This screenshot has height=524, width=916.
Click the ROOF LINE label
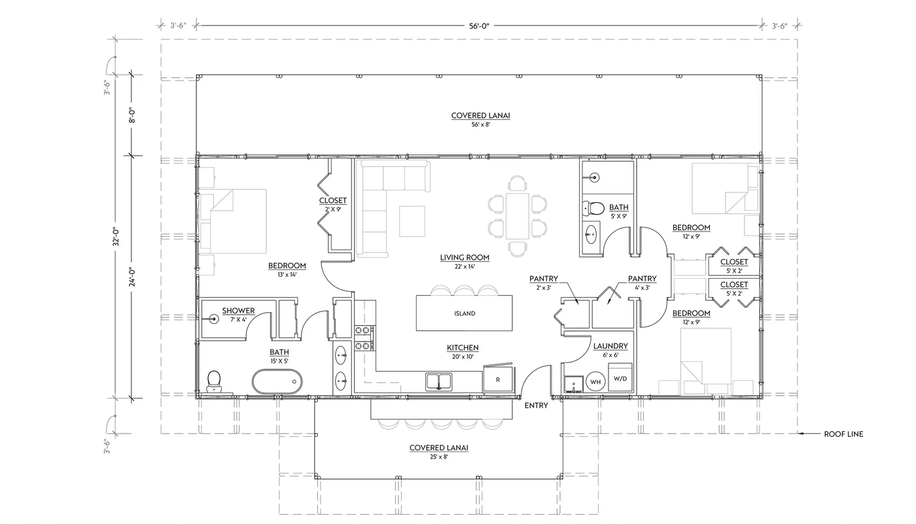click(x=843, y=434)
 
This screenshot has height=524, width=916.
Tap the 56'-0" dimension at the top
click(x=478, y=26)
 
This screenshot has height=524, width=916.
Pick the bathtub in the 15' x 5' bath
click(x=277, y=381)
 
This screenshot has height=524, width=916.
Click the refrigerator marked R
click(x=498, y=379)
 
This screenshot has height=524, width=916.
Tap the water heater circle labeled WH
click(x=595, y=381)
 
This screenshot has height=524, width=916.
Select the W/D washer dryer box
click(x=620, y=378)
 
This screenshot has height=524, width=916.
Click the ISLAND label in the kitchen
click(x=465, y=313)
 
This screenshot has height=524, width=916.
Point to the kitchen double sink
click(x=438, y=381)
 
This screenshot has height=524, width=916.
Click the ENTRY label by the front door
click(x=536, y=406)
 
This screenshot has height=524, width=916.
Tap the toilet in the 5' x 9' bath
click(x=594, y=209)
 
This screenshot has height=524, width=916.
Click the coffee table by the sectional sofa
click(x=412, y=220)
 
